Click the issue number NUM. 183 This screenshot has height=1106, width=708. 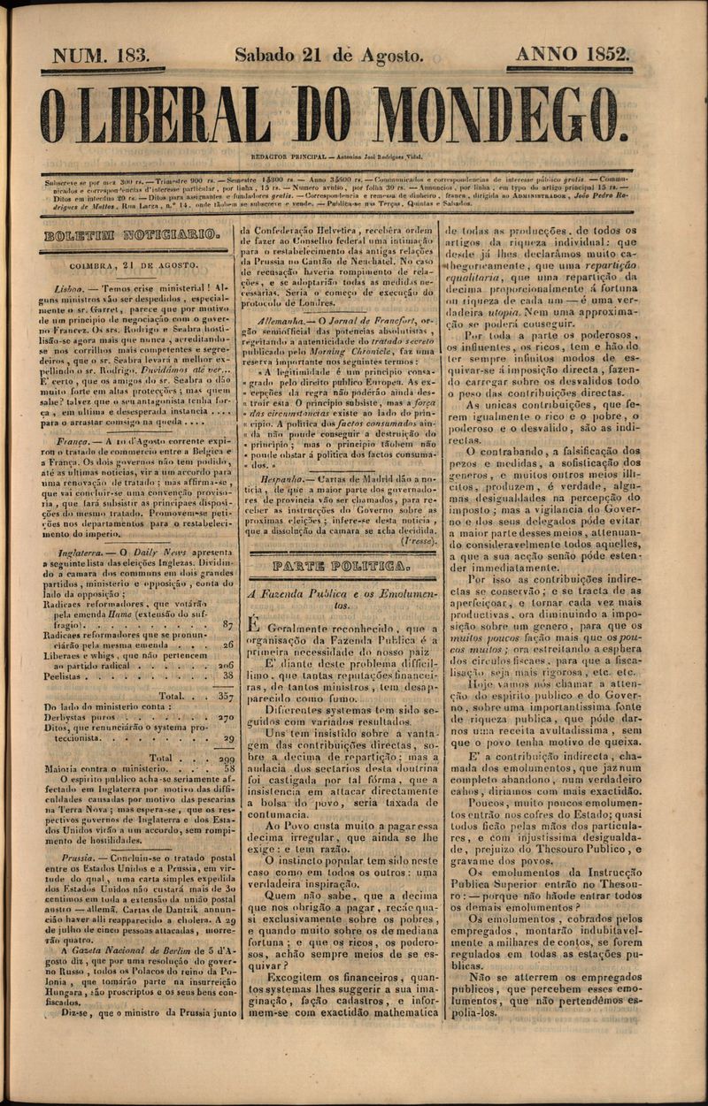pyautogui.click(x=101, y=56)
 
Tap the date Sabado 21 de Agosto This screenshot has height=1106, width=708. pyautogui.click(x=328, y=56)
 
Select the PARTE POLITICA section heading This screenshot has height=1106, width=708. pyautogui.click(x=340, y=564)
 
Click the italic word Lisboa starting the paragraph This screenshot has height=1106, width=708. pyautogui.click(x=68, y=289)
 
